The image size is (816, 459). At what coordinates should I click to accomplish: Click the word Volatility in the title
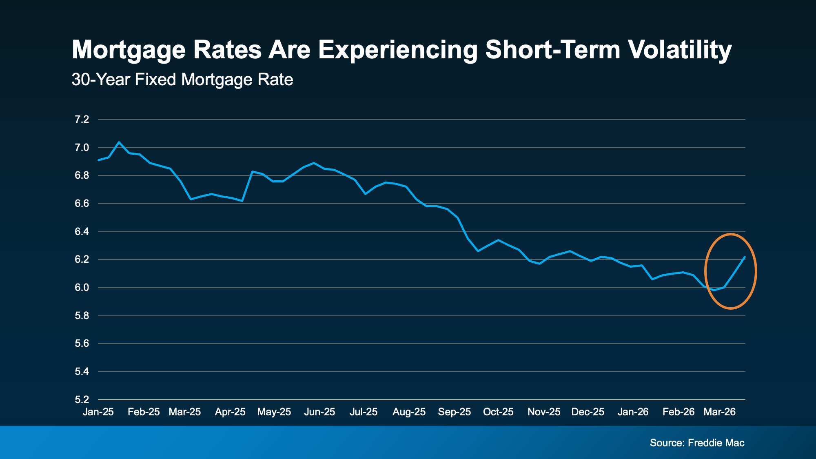679,50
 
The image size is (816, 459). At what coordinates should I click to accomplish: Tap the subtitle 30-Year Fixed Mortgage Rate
182,80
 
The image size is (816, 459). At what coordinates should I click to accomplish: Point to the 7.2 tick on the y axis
82,120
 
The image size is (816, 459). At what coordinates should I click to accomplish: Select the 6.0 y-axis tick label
82,288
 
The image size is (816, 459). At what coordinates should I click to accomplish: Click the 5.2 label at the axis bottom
82,399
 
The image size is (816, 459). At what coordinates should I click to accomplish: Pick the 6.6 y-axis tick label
82,204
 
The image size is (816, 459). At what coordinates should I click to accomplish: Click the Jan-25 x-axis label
98,412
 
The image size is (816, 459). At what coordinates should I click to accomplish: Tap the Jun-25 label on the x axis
319,412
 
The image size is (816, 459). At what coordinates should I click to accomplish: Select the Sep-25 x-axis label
454,412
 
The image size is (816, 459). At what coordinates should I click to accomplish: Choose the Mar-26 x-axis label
719,412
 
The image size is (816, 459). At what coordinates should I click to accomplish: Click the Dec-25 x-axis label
588,412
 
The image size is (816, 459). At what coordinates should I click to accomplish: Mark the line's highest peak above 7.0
119,142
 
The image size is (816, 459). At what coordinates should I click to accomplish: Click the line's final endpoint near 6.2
745,257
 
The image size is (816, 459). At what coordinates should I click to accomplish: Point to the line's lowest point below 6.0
714,290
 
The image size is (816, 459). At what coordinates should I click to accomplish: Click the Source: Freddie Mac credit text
697,443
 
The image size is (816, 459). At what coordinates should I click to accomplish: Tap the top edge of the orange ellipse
730,234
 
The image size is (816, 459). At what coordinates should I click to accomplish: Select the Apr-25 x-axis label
230,412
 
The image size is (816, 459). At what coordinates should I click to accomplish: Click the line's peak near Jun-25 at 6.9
314,163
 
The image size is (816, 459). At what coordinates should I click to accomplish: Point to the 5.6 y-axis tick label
82,344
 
